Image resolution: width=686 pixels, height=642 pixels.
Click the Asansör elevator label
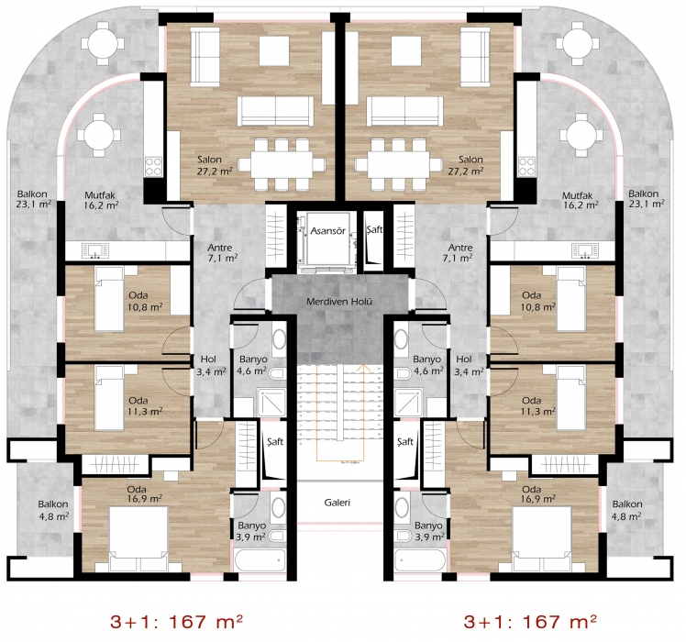coord(327,230)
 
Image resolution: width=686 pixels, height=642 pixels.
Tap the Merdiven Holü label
coord(339,302)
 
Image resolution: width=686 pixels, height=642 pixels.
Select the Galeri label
coord(337,503)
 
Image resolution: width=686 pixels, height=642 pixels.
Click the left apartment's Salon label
coord(209,160)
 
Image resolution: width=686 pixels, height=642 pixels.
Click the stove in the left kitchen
coord(153,167)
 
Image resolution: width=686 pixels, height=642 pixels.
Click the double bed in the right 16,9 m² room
coord(542,539)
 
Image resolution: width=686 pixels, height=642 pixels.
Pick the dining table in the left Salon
coord(282,165)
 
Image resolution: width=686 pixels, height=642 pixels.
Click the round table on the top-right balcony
coord(578,44)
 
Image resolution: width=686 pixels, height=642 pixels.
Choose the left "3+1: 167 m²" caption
coord(176,621)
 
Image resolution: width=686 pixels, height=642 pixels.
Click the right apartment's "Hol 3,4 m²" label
coord(469,365)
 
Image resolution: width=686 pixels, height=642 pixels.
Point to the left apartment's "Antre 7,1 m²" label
coord(223,253)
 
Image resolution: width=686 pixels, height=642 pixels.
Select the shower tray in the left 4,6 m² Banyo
coord(271,403)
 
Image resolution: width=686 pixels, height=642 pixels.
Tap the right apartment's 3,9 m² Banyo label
coord(428,531)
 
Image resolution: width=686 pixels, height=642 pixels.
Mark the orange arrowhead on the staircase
coord(363,368)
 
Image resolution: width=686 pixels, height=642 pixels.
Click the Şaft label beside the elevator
coord(373,229)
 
